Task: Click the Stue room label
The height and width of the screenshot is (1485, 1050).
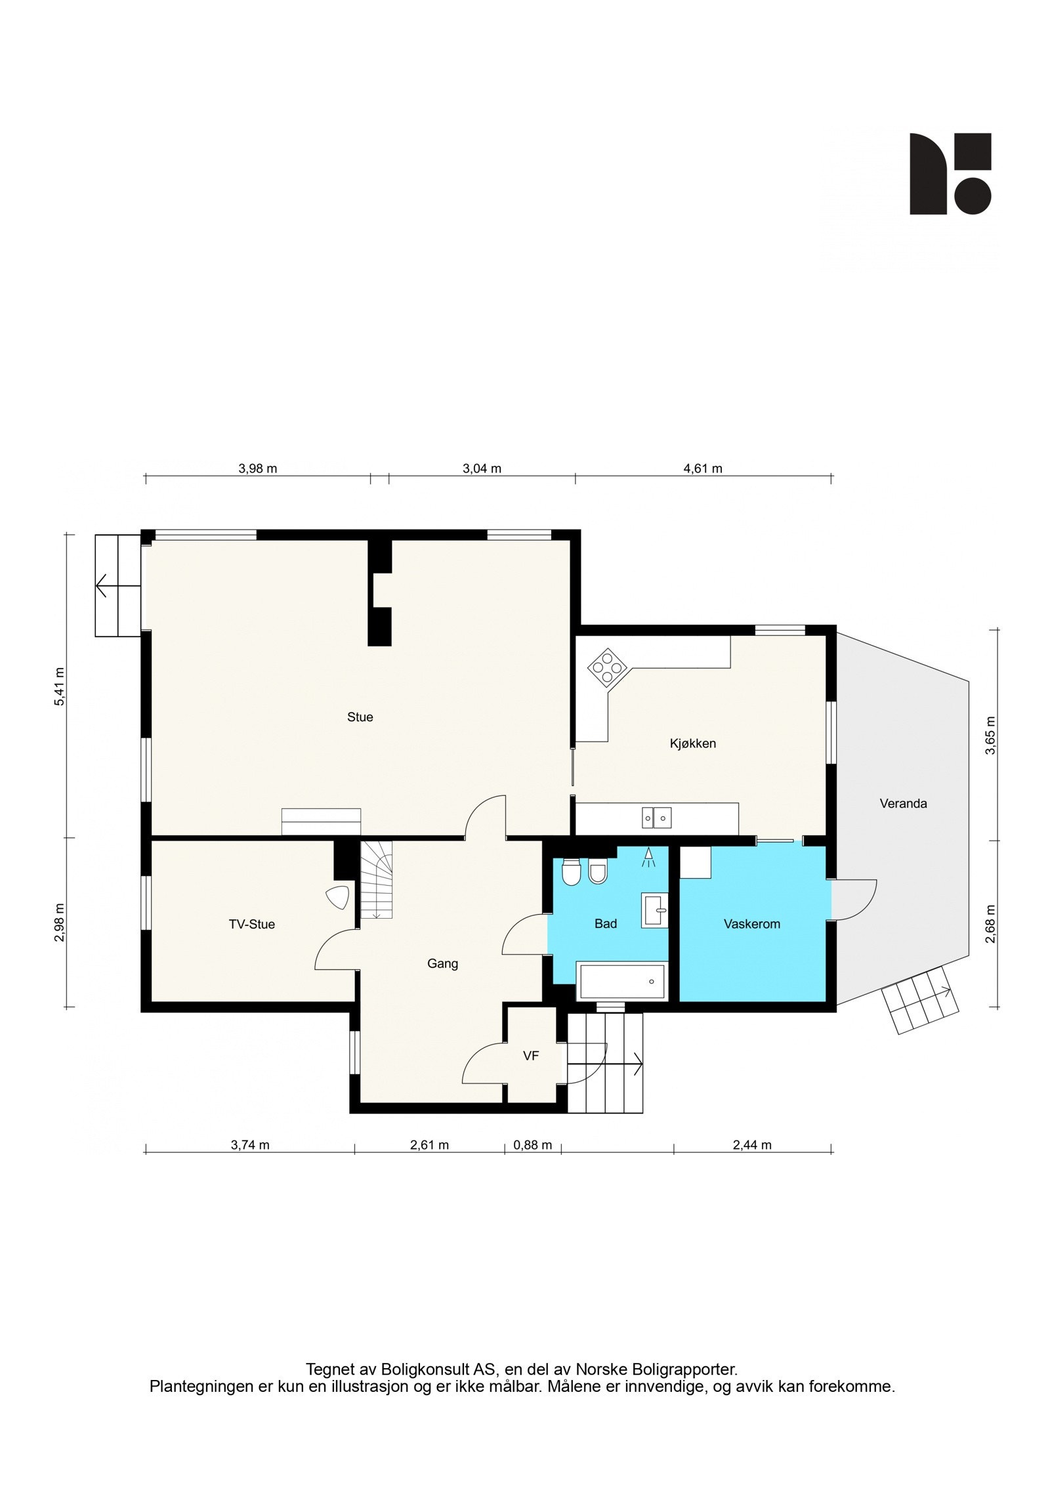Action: click(360, 717)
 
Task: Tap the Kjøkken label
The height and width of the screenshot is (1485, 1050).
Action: click(692, 743)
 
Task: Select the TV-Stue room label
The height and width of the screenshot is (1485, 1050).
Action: click(251, 925)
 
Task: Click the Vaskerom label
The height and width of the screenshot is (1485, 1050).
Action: click(751, 924)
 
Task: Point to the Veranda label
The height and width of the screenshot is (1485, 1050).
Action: click(903, 803)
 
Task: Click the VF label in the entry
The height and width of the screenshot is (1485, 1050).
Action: click(531, 1056)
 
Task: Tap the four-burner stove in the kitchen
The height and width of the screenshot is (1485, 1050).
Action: click(607, 668)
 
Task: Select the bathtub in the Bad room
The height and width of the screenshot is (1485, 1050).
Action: click(620, 982)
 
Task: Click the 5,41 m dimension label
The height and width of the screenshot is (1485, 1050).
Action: click(59, 686)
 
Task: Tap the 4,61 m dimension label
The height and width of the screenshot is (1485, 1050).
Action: click(703, 469)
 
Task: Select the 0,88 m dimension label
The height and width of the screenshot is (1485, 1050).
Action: click(532, 1145)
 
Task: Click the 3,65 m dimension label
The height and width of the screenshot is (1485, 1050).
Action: click(990, 736)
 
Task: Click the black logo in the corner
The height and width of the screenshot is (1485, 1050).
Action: click(950, 174)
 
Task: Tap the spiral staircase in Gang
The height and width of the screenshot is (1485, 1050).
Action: click(376, 880)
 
